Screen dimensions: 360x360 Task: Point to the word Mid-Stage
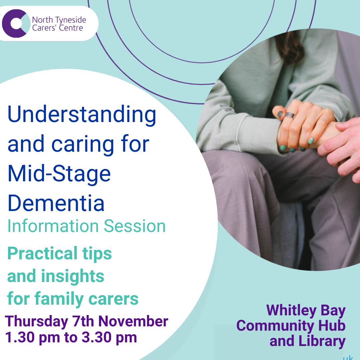[59, 174]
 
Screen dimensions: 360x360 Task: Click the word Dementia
[56, 203]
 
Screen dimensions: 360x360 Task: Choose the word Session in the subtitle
[135, 226]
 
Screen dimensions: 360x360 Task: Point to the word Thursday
[37, 322]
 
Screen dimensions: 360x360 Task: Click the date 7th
[84, 321]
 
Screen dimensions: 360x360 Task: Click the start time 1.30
[20, 337]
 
